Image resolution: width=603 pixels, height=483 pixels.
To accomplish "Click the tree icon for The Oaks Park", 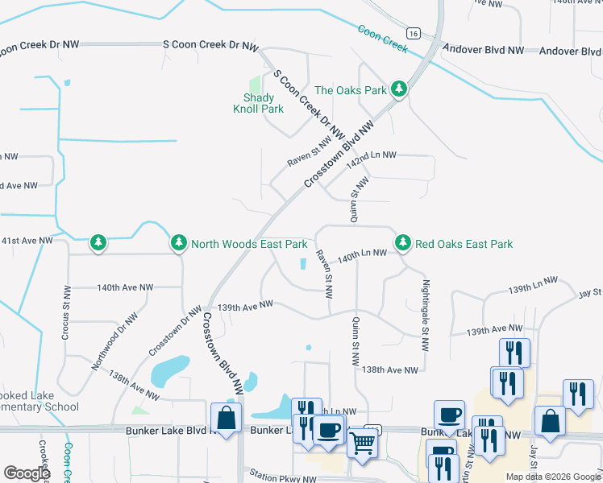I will (x=398, y=89).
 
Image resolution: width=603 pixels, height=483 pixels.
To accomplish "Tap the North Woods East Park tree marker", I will (x=179, y=242).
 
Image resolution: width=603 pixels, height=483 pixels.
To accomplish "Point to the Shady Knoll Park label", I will (x=258, y=103).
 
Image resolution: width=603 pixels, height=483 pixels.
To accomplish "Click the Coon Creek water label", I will (x=383, y=38).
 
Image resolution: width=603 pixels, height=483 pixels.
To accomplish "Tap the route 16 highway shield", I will (x=413, y=34).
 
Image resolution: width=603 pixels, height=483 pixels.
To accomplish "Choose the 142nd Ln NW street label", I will (x=372, y=155).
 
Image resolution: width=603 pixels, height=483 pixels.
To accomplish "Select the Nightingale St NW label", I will (x=424, y=314).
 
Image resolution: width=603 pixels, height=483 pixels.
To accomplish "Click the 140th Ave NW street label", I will (x=125, y=287).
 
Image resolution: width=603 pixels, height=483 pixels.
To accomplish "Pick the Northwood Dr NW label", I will (x=110, y=342).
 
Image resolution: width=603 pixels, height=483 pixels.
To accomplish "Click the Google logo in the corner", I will (x=27, y=473).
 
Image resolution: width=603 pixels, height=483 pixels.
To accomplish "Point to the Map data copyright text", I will (x=552, y=477).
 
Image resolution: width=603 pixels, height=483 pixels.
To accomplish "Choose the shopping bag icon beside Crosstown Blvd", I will (x=226, y=418).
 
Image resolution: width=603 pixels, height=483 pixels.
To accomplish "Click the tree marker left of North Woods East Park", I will (x=98, y=242).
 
